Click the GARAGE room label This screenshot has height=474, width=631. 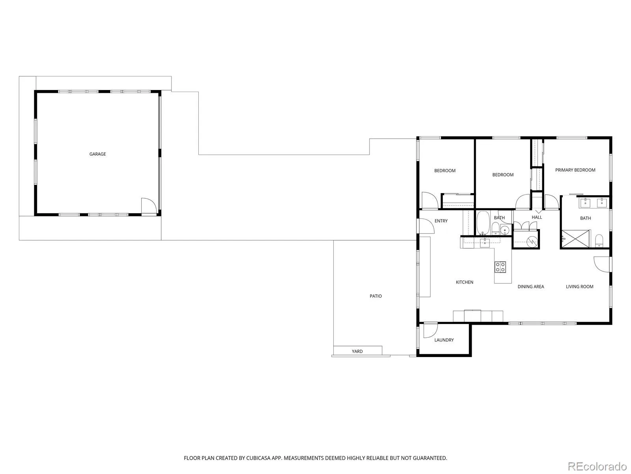tap(97, 154)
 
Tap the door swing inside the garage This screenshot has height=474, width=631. tap(148, 205)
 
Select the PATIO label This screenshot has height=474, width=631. tap(375, 296)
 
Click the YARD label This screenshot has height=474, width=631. tap(357, 351)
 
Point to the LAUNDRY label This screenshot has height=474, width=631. tap(444, 340)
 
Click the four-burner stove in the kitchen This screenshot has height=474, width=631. tap(500, 267)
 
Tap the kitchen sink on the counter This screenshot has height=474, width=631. tap(485, 243)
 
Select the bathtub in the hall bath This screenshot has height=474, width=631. tap(483, 224)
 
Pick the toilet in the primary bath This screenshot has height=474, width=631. tap(599, 241)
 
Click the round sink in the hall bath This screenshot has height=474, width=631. tap(504, 230)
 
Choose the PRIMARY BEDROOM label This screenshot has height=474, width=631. tap(575, 170)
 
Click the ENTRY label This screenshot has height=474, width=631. tap(441, 221)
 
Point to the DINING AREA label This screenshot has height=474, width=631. tap(531, 286)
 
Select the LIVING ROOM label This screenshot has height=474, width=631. tap(579, 286)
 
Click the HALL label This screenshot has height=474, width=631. tap(536, 217)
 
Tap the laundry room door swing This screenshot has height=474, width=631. tap(430, 331)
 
